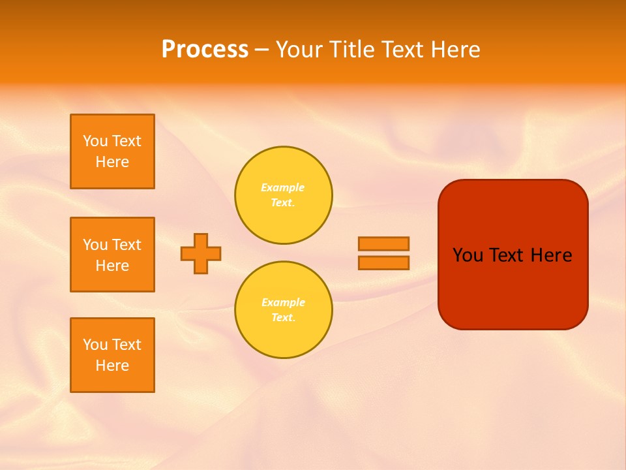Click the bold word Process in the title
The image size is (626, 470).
pyautogui.click(x=205, y=50)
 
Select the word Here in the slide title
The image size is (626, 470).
pyautogui.click(x=455, y=50)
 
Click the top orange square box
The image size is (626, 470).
pyautogui.click(x=112, y=151)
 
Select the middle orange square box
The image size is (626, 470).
pyautogui.click(x=112, y=255)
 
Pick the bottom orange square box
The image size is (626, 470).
pyautogui.click(x=112, y=355)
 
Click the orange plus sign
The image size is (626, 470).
pyautogui.click(x=201, y=253)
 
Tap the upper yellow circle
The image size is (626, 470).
pyautogui.click(x=283, y=195)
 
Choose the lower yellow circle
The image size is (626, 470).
pyautogui.click(x=283, y=310)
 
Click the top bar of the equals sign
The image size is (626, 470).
pyautogui.click(x=383, y=243)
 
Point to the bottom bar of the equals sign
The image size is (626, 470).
pyautogui.click(x=383, y=262)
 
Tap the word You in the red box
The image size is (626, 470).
pyautogui.click(x=468, y=255)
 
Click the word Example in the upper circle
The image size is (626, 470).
pyautogui.click(x=282, y=187)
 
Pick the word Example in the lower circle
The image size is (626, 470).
pyautogui.click(x=283, y=302)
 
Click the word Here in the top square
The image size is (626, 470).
pyautogui.click(x=112, y=162)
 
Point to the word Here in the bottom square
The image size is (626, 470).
pyautogui.click(x=112, y=366)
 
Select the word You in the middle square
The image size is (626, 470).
pyautogui.click(x=95, y=245)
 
